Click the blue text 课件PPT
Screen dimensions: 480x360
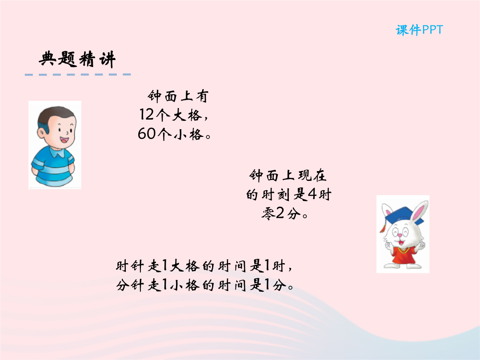419,30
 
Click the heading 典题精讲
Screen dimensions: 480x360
77,59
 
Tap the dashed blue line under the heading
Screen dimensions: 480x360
78,74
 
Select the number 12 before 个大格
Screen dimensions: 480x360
146,115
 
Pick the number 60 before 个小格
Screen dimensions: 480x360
147,134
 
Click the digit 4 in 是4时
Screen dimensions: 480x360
312,194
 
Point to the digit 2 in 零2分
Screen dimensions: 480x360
280,213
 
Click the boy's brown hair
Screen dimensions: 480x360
55,116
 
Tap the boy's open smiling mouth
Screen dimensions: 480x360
64,140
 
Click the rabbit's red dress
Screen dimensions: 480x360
403,255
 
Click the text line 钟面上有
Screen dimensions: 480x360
178,96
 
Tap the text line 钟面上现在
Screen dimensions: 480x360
288,176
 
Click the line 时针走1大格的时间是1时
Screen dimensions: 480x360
204,266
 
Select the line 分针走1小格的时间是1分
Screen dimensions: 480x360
205,285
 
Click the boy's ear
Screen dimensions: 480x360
41,133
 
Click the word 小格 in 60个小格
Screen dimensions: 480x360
188,134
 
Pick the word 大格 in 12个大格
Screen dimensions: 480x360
187,115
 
